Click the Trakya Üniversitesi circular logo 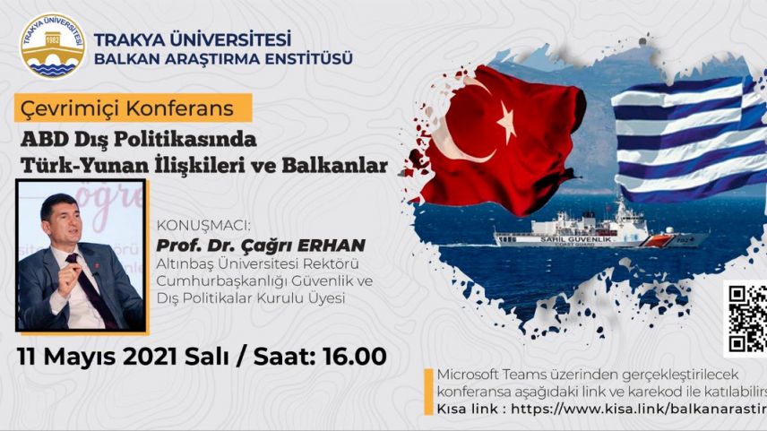tap(52, 44)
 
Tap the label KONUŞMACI tap(194, 227)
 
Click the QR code tap(746, 317)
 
